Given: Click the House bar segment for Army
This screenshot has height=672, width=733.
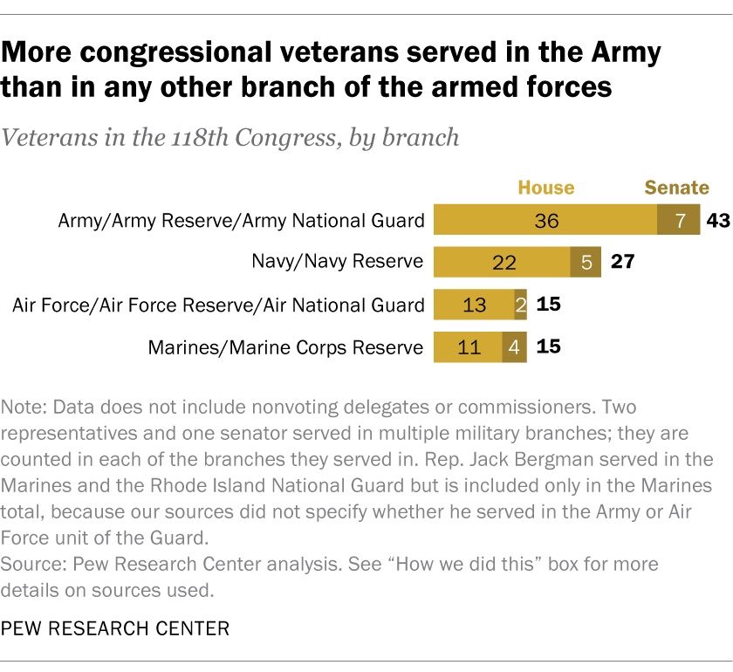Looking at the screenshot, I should pos(545,220).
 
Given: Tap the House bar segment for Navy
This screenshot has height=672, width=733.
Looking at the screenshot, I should pos(502,262).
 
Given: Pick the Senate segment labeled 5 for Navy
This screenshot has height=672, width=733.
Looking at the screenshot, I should pos(586,262).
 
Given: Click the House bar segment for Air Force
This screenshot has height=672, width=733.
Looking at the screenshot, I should pos(474,305).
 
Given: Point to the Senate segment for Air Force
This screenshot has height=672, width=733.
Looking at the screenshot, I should pos(520,305).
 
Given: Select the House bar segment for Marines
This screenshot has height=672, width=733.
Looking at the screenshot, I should pos(468,346).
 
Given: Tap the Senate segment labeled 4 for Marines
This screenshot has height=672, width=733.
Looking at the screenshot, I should pos(514,346).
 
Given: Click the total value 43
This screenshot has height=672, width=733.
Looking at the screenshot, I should pos(717,220).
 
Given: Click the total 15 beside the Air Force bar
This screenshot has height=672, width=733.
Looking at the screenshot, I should pos(548,305).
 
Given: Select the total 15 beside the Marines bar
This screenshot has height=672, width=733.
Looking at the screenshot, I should pos(548,346).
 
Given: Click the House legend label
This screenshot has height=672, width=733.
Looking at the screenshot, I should pos(546,188).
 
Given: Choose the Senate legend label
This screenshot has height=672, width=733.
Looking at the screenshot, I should pos(676,188).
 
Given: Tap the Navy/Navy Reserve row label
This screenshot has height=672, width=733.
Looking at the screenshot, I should pos(338,262).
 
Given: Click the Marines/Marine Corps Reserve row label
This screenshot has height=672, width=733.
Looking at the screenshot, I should pos(286,347).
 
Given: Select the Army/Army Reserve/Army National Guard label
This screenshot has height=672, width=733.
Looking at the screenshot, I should pos(241,221).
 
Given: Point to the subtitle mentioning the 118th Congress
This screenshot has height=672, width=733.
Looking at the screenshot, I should pos(230,138).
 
